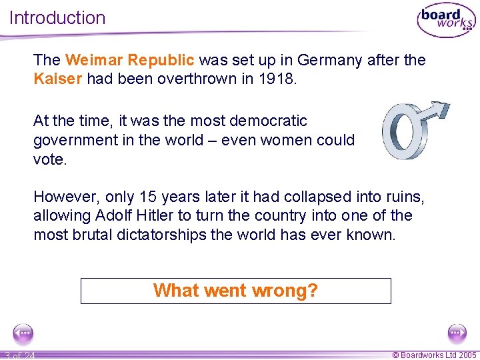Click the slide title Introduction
[x=57, y=18]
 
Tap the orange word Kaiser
[x=57, y=79]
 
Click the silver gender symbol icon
[x=413, y=131]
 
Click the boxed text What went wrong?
[x=235, y=291]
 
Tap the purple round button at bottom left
[x=23, y=333]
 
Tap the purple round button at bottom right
[x=457, y=333]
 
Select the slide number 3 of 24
[x=20, y=355]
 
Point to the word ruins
[x=404, y=197]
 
